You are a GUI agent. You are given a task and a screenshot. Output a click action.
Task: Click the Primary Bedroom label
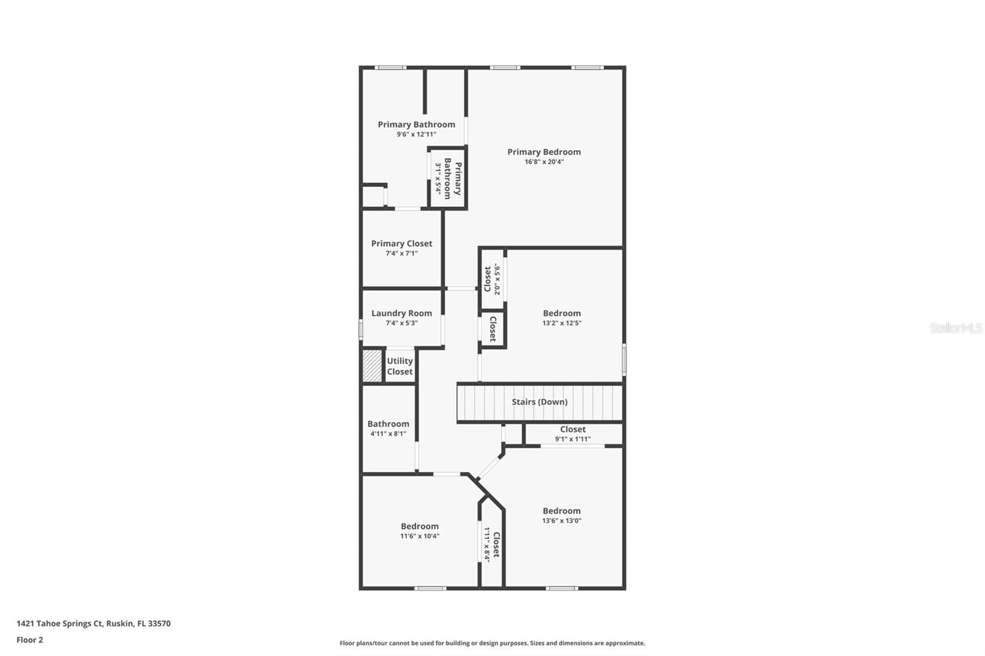544,152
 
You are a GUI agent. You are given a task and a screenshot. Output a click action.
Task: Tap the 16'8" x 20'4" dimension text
544,162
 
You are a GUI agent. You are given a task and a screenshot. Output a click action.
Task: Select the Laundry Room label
401,313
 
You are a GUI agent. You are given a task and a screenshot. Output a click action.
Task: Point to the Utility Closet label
400,366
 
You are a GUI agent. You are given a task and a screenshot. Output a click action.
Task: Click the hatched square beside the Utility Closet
372,366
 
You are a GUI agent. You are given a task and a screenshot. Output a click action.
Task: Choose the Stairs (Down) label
539,402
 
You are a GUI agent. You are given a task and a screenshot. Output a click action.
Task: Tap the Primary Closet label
401,244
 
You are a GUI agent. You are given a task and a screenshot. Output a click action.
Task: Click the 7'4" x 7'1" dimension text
401,254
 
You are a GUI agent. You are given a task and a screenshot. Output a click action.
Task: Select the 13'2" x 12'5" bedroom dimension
561,323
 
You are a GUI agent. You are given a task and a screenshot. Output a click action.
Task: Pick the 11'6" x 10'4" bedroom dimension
419,536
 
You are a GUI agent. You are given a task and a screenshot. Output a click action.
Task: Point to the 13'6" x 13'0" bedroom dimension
561,521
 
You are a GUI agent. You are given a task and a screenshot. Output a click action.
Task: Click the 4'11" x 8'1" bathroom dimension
388,434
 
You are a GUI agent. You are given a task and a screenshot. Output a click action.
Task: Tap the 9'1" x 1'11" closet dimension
573,439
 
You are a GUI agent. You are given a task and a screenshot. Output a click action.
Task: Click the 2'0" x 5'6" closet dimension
497,279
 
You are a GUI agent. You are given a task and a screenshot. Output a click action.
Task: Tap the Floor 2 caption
30,640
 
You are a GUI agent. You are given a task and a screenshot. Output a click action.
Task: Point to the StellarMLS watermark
955,328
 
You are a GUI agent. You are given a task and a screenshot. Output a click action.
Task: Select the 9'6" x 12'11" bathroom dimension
416,134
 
